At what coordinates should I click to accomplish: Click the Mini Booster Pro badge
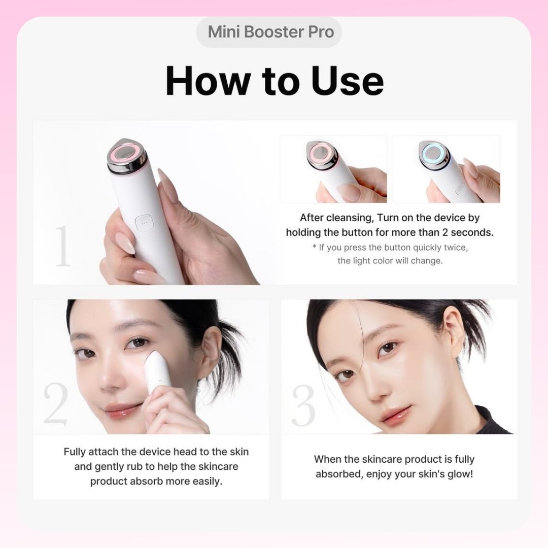269,32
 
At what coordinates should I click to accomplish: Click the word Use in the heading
348,81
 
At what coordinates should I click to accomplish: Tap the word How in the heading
208,81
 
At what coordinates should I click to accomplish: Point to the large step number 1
63,246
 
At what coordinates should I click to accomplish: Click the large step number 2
56,404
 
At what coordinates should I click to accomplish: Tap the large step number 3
303,405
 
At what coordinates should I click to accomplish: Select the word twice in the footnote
456,248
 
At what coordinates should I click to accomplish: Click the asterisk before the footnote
314,247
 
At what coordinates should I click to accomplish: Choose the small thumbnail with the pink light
333,169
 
